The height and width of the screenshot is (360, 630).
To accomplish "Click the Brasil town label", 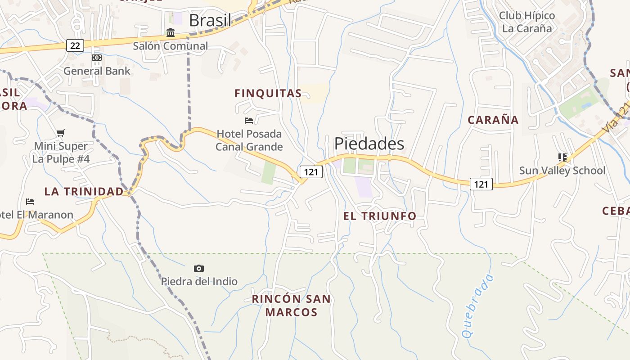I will coord(210,20).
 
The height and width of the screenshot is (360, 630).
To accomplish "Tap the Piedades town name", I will coord(369,144).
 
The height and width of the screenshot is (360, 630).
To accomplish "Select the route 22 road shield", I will coord(75,45).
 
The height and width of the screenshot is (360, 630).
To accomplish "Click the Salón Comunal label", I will coord(170,46).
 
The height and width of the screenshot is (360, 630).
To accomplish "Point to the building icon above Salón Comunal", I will coord(171,32).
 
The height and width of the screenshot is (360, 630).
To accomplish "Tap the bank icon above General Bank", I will coord(97,58).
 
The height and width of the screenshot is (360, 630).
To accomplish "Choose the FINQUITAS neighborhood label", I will coord(268,94).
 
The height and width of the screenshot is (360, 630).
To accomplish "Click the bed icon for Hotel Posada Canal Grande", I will coord(249,120).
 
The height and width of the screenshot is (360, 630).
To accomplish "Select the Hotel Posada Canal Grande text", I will coord(249,140).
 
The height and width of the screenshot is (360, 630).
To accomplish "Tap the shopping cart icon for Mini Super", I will coord(61,133).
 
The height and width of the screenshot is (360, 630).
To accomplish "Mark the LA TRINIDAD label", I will coord(84,192).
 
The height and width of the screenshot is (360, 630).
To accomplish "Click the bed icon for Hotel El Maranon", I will coord(30,201).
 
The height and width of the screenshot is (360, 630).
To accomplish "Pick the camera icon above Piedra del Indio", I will coord(199,269).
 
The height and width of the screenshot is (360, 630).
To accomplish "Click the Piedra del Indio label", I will coord(199,282).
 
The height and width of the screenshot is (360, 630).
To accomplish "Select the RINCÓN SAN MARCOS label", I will coord(291,306).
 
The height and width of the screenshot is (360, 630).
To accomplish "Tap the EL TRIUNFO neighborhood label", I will coord(380,216).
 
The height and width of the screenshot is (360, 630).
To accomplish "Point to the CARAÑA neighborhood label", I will coord(493,120).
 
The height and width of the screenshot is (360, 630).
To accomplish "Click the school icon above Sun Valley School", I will coord(562,157).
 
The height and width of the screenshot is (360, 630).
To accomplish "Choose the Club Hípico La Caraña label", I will coord(527,22).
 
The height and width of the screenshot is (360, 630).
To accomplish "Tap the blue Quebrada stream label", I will coord(478,306).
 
